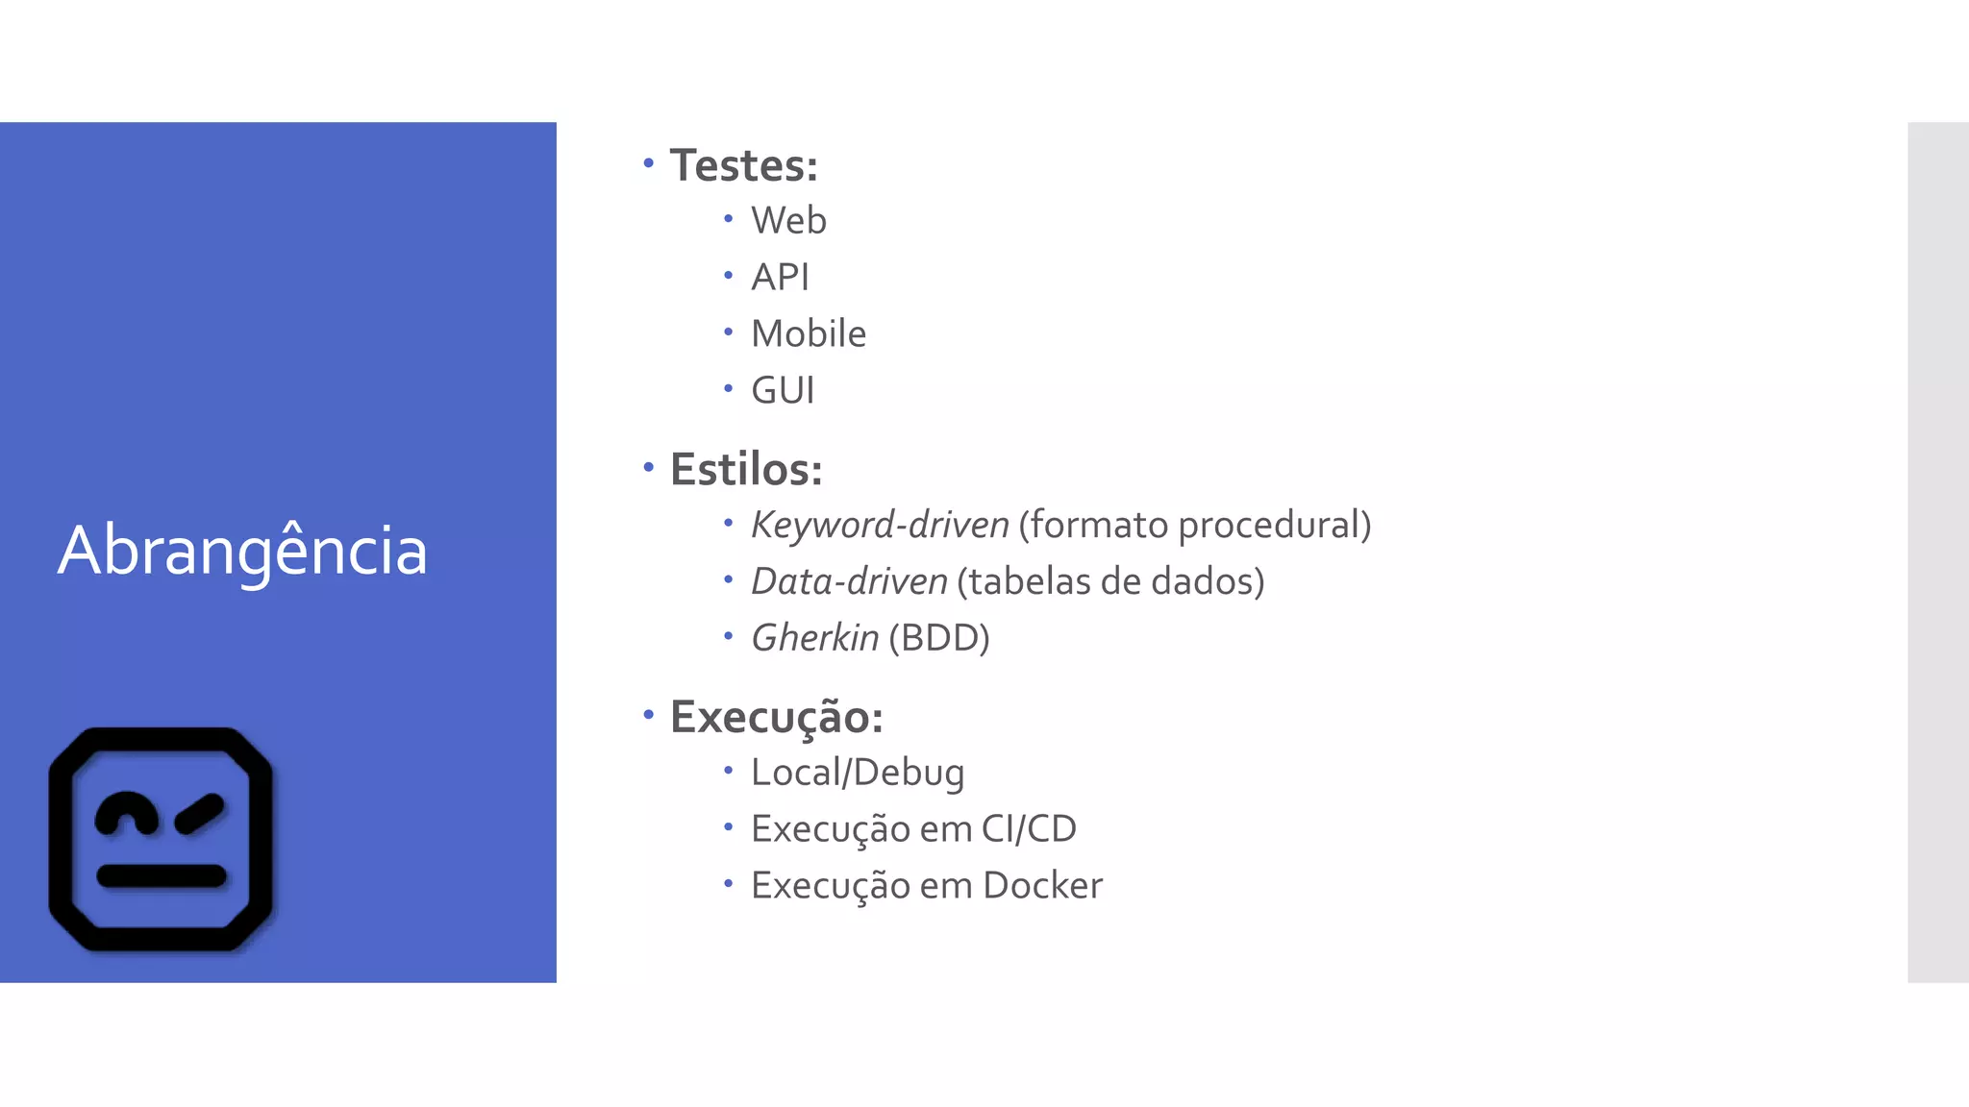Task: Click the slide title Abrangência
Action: tap(242, 551)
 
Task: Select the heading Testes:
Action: tap(743, 165)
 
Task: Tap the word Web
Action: tap(788, 221)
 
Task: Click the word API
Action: tap(780, 278)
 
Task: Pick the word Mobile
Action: tap(809, 334)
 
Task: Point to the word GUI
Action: tap(783, 391)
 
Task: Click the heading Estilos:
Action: tap(746, 470)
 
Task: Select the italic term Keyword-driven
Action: tap(880, 526)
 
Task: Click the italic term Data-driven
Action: tap(849, 582)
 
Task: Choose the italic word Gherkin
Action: tap(814, 638)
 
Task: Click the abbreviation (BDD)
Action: tap(939, 638)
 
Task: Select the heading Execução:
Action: tap(776, 718)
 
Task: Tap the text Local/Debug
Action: tap(858, 773)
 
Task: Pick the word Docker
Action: tap(1042, 886)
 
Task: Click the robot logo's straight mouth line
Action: tap(162, 875)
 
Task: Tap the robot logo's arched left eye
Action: tap(126, 813)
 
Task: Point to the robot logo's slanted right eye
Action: tap(200, 813)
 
